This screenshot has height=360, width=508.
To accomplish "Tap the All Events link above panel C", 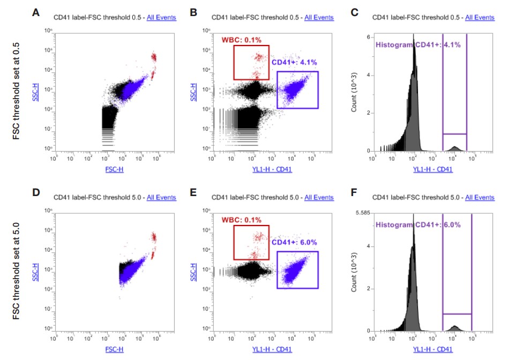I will point(480,18).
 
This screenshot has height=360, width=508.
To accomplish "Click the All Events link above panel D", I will point(161,197).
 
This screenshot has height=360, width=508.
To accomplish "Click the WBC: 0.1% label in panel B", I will point(241,40).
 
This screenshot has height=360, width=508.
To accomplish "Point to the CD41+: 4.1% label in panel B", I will point(295,62).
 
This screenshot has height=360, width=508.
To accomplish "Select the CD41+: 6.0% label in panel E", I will point(295,242).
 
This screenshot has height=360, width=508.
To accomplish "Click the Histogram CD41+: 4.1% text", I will point(417,44).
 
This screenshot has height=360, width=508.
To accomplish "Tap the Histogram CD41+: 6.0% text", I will point(417,225).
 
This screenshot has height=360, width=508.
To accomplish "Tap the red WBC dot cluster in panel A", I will point(153,58).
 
